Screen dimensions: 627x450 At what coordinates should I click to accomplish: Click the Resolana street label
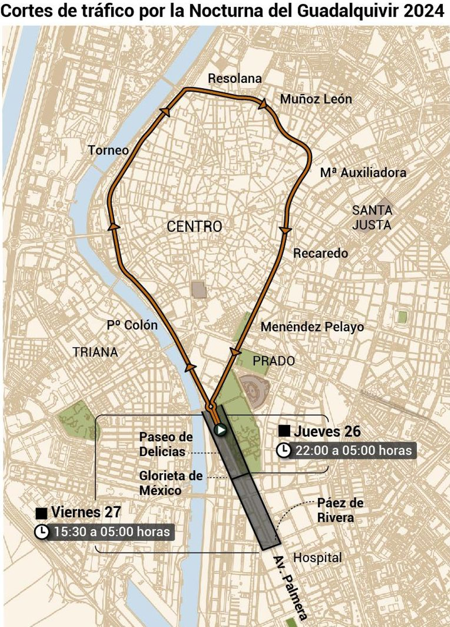coord(235,78)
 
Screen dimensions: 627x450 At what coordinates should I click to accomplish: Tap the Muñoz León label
coord(316,99)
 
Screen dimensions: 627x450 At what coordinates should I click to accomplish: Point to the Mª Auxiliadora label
coord(363,173)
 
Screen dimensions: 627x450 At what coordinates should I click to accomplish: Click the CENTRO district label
coord(194,226)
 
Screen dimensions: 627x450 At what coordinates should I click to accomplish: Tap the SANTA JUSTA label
coord(372,218)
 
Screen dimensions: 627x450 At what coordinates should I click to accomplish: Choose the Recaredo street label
coord(320,253)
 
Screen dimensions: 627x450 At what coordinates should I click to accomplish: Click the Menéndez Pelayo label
coord(312,327)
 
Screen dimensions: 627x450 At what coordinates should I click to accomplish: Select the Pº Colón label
coord(132,325)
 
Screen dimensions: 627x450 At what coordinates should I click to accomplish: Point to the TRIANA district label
coord(95,352)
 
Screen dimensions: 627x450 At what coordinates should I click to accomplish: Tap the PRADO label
coord(274,361)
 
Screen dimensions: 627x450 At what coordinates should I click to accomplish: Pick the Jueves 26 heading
coord(327,431)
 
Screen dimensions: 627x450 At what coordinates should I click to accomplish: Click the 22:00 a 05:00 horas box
coord(353,450)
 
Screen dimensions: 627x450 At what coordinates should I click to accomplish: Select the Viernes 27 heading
coord(86,512)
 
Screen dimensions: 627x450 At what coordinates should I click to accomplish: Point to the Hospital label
coord(317,558)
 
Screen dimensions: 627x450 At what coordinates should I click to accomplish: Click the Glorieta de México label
coord(171,483)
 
